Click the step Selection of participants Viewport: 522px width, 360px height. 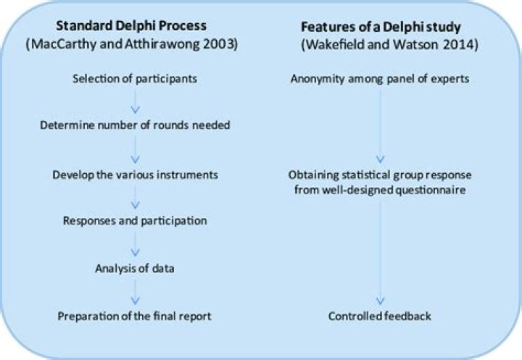(134, 78)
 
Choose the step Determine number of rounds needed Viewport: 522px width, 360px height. (134, 125)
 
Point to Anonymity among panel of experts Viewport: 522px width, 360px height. (380, 78)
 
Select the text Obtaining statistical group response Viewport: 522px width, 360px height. (380, 175)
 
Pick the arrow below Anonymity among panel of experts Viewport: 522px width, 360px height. (380, 123)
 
